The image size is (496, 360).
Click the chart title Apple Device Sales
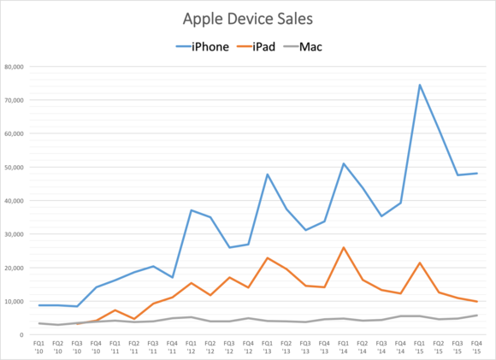pos(248,19)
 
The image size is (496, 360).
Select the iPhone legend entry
pos(203,47)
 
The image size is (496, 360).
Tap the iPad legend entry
pos(256,47)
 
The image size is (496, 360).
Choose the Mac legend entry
pos(303,47)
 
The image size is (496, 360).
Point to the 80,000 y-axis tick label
pos(14,67)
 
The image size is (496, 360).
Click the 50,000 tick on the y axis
pos(14,168)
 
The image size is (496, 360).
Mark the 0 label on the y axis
pos(21,334)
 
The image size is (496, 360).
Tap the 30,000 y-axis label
pos(14,234)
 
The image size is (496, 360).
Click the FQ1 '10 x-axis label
pos(38,347)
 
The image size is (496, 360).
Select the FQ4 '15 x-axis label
pos(476,347)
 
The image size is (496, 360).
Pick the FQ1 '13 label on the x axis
pos(267,347)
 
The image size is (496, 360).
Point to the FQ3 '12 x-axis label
pos(229,347)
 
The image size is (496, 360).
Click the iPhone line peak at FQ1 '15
pos(419,85)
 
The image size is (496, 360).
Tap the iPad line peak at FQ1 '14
pos(344,247)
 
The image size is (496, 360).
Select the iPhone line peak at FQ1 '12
pos(192,210)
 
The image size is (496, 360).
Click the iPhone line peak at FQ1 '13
pos(268,174)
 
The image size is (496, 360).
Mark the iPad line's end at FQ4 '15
pos(476,302)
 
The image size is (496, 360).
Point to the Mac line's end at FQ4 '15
pos(476,315)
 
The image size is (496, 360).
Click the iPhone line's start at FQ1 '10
pos(38,305)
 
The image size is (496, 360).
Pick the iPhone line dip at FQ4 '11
pos(173,277)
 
